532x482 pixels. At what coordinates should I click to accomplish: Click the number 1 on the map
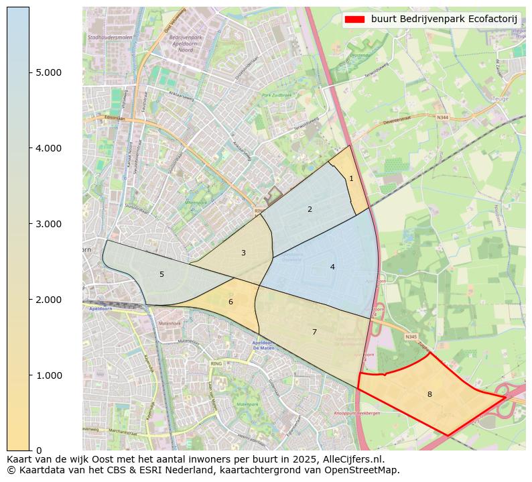click(x=351, y=178)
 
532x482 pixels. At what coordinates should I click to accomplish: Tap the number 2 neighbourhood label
click(x=310, y=209)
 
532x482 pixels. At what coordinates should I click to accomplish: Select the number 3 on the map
click(x=243, y=253)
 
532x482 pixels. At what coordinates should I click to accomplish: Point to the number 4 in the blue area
click(x=332, y=267)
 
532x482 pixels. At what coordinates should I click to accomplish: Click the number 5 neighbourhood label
click(x=161, y=274)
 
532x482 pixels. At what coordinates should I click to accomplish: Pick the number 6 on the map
click(x=230, y=302)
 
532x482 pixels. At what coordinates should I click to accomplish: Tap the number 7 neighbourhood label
click(x=314, y=332)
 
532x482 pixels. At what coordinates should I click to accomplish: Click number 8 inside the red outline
click(x=429, y=394)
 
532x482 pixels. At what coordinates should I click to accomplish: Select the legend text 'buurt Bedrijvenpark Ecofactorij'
click(x=444, y=19)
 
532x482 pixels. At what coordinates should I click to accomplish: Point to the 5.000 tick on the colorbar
click(x=48, y=72)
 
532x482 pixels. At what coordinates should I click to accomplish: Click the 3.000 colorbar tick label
click(x=48, y=224)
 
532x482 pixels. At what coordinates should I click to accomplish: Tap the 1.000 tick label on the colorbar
click(x=48, y=375)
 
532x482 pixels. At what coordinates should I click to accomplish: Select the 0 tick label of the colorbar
click(x=39, y=450)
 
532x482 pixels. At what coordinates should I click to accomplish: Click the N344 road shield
click(x=442, y=117)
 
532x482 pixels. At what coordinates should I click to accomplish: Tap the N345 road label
click(x=410, y=337)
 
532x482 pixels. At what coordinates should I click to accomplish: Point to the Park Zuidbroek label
click(x=277, y=95)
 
